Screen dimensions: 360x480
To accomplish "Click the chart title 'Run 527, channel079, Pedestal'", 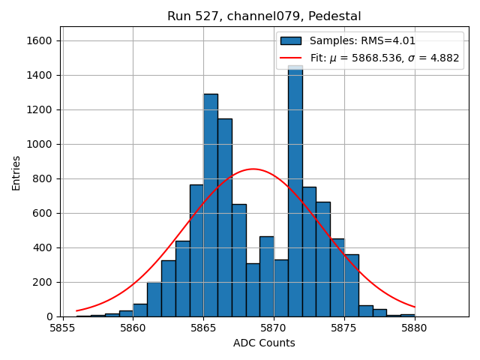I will (264, 16).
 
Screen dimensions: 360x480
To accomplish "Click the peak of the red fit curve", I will (253, 169).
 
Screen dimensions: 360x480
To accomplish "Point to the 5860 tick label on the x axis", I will (133, 327).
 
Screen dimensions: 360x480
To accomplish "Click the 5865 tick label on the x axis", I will (203, 327).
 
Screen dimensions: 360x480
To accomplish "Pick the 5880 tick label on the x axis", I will (414, 327).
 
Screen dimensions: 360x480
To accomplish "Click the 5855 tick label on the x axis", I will (62, 327).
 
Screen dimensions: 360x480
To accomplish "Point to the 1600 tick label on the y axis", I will (42, 40).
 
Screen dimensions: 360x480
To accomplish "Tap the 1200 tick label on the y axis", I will (42, 109).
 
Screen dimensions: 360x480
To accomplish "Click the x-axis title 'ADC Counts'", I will (264, 343).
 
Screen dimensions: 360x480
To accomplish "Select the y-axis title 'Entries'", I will (16, 172).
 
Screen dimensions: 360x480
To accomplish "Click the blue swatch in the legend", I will (291, 40).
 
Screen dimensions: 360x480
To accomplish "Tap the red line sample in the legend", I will (291, 58).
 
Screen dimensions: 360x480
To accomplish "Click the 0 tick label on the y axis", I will (51, 316).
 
